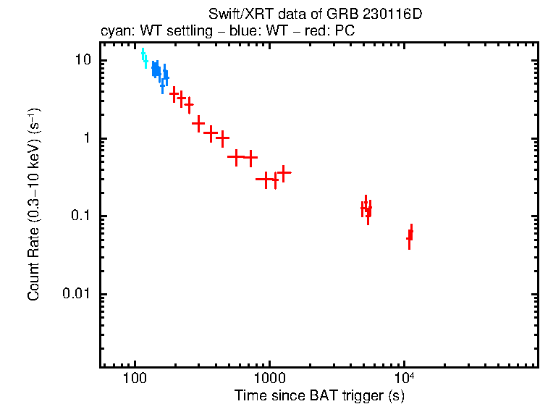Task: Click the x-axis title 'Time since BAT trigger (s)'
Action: click(318, 396)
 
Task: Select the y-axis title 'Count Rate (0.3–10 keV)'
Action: click(34, 216)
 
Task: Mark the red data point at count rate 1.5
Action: click(198, 124)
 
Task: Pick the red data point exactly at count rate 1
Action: click(223, 138)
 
